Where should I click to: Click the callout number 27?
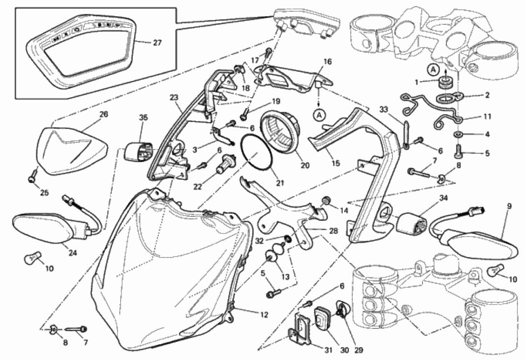tap(157, 43)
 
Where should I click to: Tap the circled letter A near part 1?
tap(433, 70)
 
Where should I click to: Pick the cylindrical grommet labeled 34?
tap(411, 222)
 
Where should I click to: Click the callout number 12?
tap(264, 314)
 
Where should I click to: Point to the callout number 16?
tap(327, 61)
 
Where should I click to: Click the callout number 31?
tap(328, 350)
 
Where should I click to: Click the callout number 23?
tap(174, 98)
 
